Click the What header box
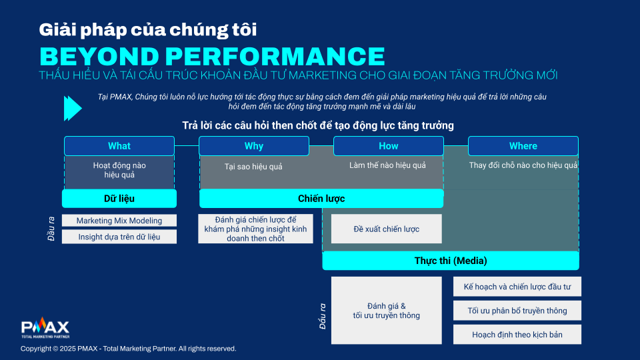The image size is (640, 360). pyautogui.click(x=119, y=146)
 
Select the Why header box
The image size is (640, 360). pyautogui.click(x=254, y=146)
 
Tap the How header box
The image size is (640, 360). pyautogui.click(x=389, y=146)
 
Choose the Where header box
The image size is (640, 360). pyautogui.click(x=523, y=146)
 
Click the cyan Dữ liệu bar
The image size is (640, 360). pyautogui.click(x=119, y=199)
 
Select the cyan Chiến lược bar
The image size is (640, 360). pyautogui.click(x=321, y=199)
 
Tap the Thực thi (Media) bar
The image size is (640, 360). pyautogui.click(x=451, y=261)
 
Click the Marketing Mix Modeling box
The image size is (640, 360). pyautogui.click(x=119, y=221)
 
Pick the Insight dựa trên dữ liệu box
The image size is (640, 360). pyautogui.click(x=119, y=237)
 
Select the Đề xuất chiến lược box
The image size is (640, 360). pyautogui.click(x=387, y=229)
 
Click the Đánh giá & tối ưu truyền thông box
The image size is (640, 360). pyautogui.click(x=387, y=311)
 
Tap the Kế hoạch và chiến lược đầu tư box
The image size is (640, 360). pyautogui.click(x=517, y=287)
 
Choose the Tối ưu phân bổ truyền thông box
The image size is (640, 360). pyautogui.click(x=517, y=311)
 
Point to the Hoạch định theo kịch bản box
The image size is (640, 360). pyautogui.click(x=517, y=335)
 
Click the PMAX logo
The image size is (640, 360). pyautogui.click(x=45, y=328)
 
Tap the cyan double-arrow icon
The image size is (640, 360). pyautogui.click(x=73, y=109)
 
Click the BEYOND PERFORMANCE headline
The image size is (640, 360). pyautogui.click(x=212, y=56)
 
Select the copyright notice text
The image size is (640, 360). pyautogui.click(x=129, y=349)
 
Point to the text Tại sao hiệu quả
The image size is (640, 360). pyautogui.click(x=253, y=167)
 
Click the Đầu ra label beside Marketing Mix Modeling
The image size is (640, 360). pyautogui.click(x=51, y=229)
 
